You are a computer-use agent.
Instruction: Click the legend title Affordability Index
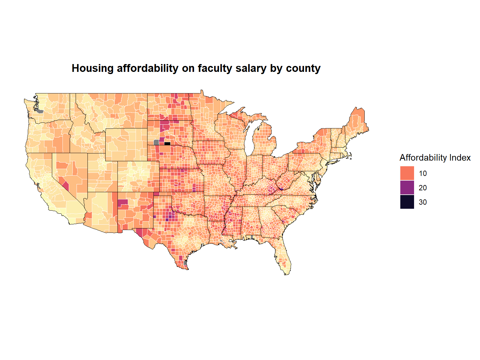point(435,158)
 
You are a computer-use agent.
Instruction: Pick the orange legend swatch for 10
point(407,173)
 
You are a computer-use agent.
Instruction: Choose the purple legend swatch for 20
point(407,187)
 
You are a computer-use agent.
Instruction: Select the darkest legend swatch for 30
point(407,202)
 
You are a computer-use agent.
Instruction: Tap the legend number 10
point(422,173)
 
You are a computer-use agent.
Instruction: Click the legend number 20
point(422,188)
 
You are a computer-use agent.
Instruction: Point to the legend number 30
point(422,202)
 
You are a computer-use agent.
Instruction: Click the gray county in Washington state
point(40,111)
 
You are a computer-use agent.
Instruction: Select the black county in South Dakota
point(167,144)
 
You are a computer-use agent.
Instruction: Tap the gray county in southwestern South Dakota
point(156,142)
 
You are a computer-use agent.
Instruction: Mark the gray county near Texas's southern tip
point(185,263)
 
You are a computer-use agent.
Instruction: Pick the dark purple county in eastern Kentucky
point(281,189)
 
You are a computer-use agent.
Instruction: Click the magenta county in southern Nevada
point(66,187)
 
